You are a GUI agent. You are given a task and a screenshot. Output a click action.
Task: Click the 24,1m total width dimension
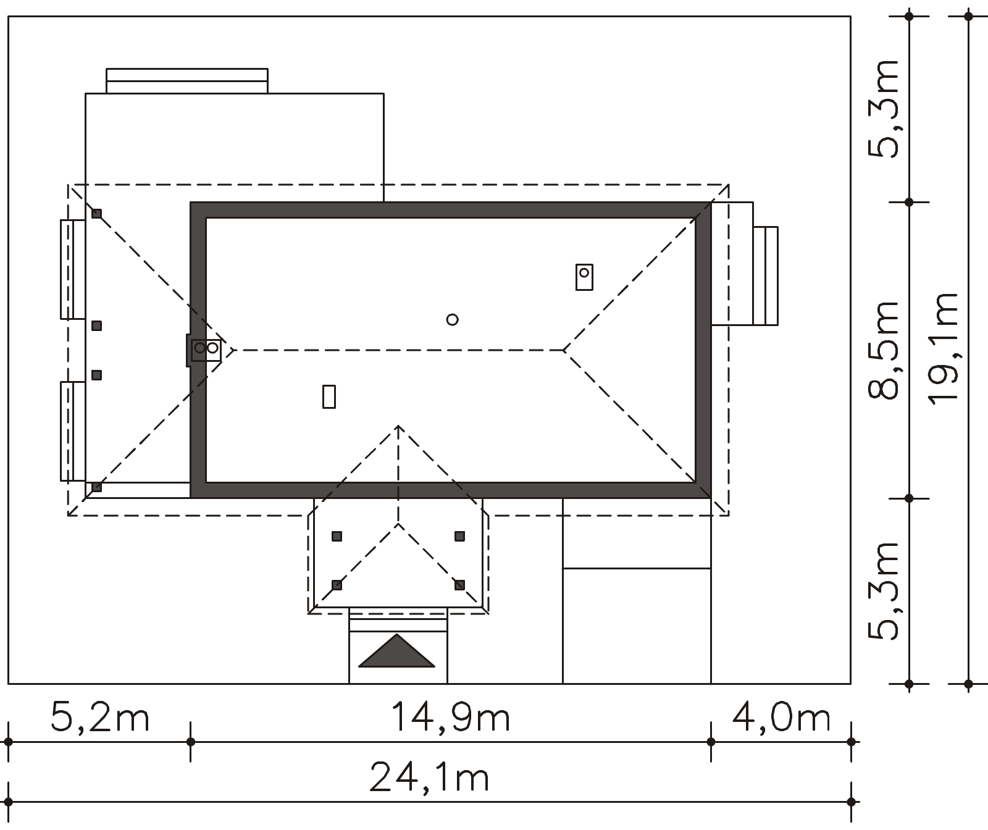pyautogui.click(x=429, y=778)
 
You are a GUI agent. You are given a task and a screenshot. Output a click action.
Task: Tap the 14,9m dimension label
pyautogui.click(x=451, y=718)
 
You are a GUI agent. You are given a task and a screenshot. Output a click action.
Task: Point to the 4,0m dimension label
pyautogui.click(x=782, y=718)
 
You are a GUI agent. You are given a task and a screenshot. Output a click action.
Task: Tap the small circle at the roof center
pyautogui.click(x=452, y=319)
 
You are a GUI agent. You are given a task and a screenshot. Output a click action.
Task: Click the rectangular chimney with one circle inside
pyautogui.click(x=584, y=277)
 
